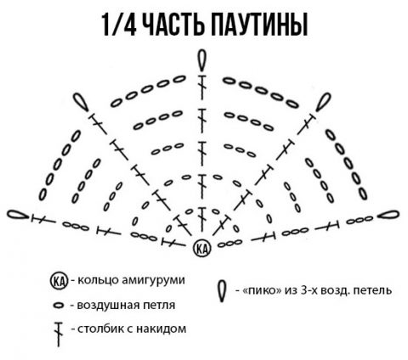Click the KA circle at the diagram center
[x=202, y=248]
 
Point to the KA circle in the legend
[x=59, y=281]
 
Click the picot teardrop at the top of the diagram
[x=201, y=60]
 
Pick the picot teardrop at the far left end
[x=18, y=215]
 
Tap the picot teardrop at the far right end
[x=388, y=215]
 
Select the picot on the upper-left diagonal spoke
[x=81, y=102]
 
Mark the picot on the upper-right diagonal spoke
[x=323, y=102]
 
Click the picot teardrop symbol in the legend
[x=222, y=291]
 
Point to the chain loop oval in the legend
[x=59, y=306]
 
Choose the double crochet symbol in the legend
[x=59, y=334]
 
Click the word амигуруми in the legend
[x=153, y=280]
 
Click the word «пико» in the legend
[x=259, y=290]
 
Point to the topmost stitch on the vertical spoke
[x=201, y=87]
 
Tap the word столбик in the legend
[x=100, y=329]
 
